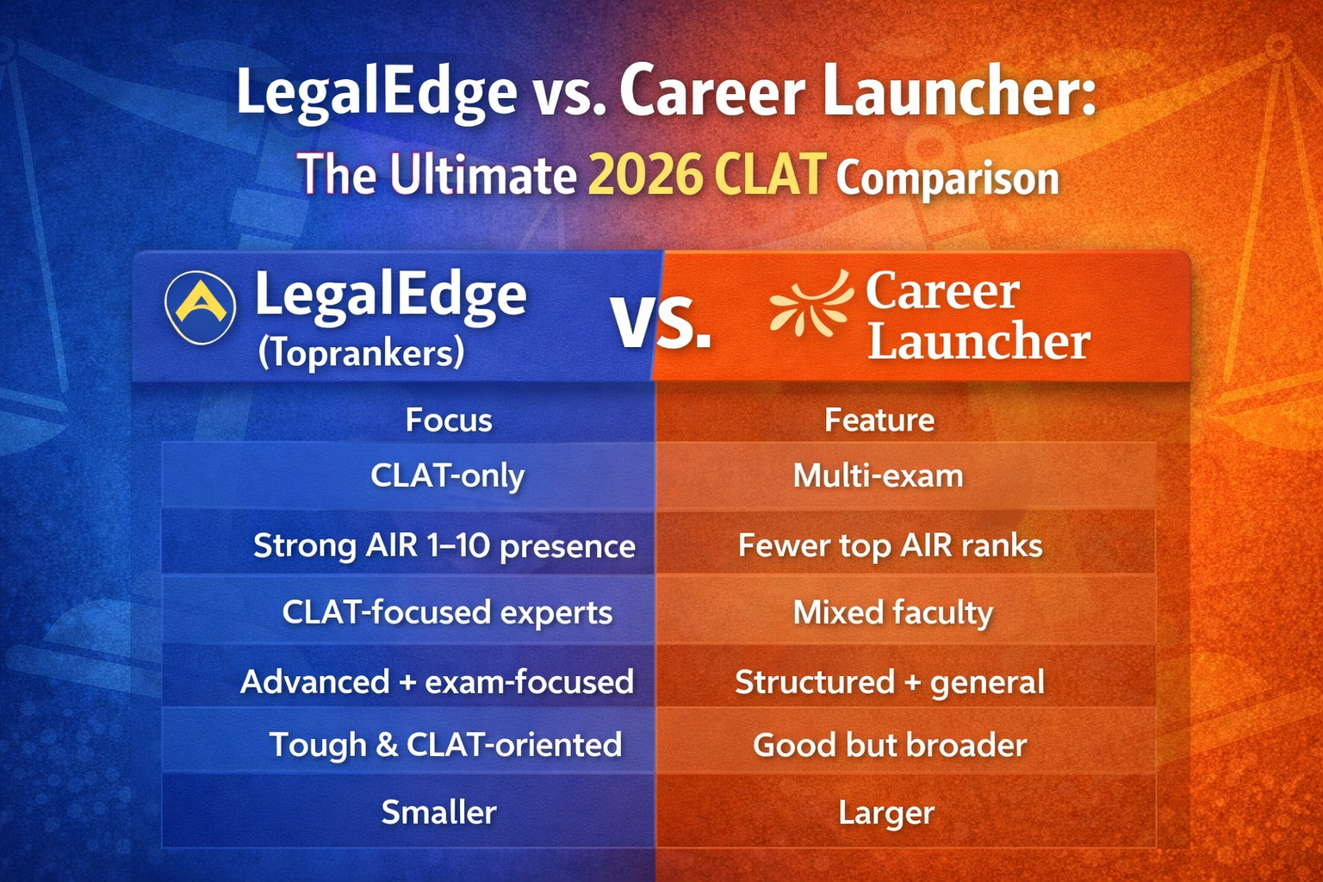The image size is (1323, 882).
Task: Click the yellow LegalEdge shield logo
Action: (x=200, y=307)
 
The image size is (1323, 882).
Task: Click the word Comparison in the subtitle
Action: (x=947, y=178)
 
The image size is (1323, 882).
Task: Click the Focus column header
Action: (x=449, y=420)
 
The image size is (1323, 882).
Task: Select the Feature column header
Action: (x=879, y=420)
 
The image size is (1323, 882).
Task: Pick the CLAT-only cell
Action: (x=447, y=475)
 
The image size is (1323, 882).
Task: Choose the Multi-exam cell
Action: (x=878, y=475)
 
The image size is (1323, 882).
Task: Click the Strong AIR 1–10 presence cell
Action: (x=444, y=545)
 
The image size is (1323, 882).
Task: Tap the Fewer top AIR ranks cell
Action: (x=890, y=545)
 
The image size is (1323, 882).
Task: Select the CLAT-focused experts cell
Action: (x=447, y=612)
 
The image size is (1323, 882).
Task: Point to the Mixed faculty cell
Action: (x=892, y=612)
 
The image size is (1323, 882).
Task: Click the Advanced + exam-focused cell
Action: (x=437, y=682)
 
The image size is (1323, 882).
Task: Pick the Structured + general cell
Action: (x=889, y=682)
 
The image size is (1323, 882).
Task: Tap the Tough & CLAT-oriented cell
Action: (x=445, y=745)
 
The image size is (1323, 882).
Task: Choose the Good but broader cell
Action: (x=890, y=745)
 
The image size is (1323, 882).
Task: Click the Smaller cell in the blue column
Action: (x=438, y=812)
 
